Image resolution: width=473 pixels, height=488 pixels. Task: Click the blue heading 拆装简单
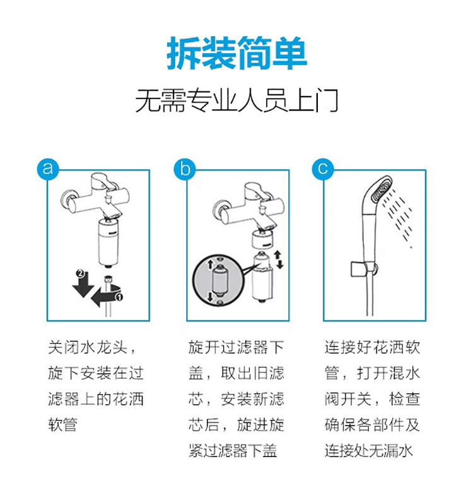point(237,54)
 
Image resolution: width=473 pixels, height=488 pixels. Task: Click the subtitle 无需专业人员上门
point(237,100)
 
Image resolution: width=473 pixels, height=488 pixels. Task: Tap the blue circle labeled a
point(47,169)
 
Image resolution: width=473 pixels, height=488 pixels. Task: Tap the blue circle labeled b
point(185,169)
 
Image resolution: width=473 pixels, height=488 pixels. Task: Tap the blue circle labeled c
point(323,169)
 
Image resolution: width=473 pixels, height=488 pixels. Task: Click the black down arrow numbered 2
point(83,284)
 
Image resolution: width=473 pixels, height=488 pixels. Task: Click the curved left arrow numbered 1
point(107,295)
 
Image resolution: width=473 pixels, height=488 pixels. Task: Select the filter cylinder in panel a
point(108,243)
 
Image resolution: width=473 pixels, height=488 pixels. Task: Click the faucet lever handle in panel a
point(103,182)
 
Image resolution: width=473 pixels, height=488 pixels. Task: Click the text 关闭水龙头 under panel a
point(88,347)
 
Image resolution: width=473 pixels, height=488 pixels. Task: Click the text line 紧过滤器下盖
point(233,450)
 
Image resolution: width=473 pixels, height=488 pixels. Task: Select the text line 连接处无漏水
point(369,450)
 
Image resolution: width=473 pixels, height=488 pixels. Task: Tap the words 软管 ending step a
point(63,424)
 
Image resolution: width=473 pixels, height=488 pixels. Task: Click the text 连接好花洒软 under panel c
point(373,347)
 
